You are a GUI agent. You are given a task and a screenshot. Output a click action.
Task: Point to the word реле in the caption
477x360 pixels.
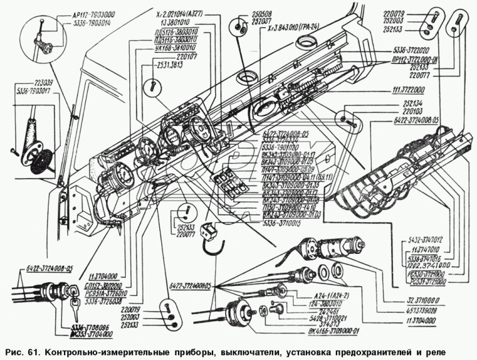[431, 351]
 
